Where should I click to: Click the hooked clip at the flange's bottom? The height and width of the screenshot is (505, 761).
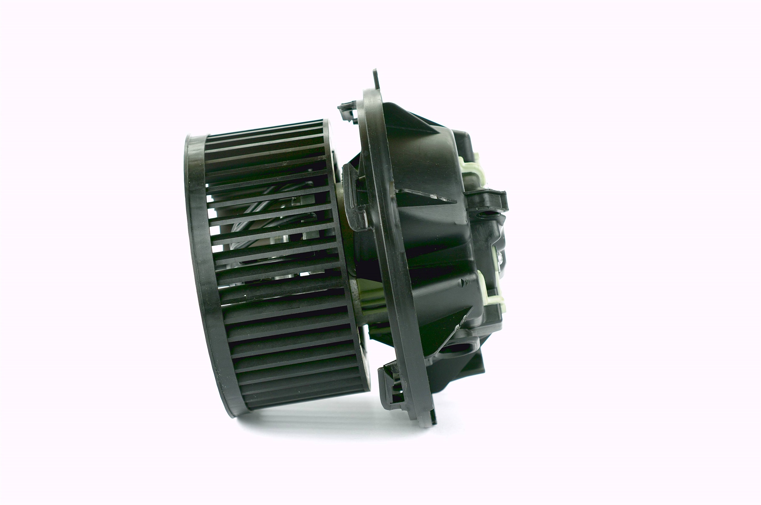[x=392, y=386]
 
